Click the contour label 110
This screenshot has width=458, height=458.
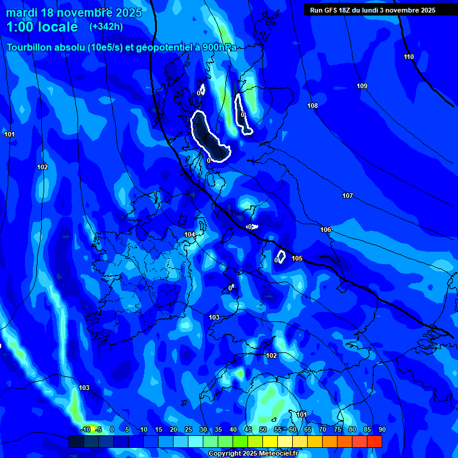coord(409,57)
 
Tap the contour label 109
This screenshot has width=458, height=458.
coord(362,86)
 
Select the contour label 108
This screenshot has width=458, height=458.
coord(312,106)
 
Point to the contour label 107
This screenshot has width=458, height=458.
coord(348,196)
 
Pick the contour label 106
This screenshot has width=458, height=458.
coord(326,230)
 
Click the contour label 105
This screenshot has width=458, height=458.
coord(297,258)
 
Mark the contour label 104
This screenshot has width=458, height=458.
coord(190,235)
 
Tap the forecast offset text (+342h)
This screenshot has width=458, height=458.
coord(106,26)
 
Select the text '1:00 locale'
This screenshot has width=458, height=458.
coord(42,27)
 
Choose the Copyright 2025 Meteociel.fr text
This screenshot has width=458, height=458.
coord(253,453)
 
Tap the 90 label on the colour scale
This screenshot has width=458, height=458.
coord(382,429)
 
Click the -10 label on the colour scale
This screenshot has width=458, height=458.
coord(85,429)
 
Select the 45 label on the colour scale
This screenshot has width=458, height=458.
coord(247,429)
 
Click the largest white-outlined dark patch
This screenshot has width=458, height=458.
coord(209,137)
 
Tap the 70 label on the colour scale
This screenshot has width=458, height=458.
coord(322,429)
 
